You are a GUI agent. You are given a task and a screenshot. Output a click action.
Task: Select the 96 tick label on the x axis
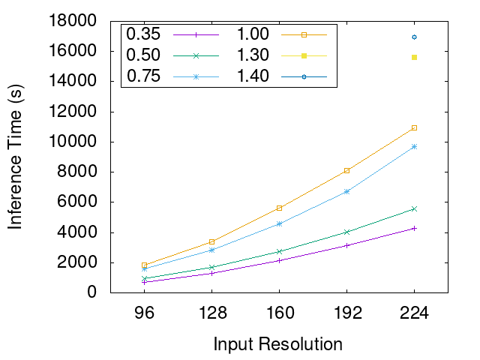pyautogui.click(x=144, y=314)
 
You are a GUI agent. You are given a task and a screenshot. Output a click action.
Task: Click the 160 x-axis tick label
pyautogui.click(x=279, y=314)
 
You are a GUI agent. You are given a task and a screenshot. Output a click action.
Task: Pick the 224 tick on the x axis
pyautogui.click(x=414, y=314)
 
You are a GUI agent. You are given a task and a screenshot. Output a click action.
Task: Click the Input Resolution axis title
pyautogui.click(x=278, y=344)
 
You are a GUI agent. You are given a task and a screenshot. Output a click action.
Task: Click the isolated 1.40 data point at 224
pyautogui.click(x=414, y=37)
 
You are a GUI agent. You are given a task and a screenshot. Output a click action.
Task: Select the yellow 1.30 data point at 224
pyautogui.click(x=414, y=57)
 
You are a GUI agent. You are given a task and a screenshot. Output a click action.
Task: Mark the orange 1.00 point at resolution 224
pyautogui.click(x=414, y=127)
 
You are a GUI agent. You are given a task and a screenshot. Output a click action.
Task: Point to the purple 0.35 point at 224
pyautogui.click(x=414, y=228)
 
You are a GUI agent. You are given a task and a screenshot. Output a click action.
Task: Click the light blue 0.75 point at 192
pyautogui.click(x=346, y=191)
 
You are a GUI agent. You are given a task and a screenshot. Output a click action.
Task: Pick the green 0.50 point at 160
pyautogui.click(x=279, y=251)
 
